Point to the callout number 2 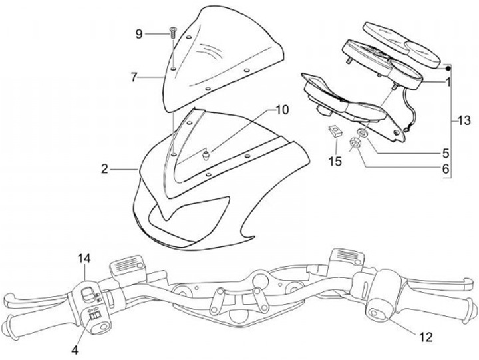pyautogui.click(x=104, y=169)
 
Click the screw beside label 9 pyautogui.click(x=172, y=30)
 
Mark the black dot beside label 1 pyautogui.click(x=449, y=69)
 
